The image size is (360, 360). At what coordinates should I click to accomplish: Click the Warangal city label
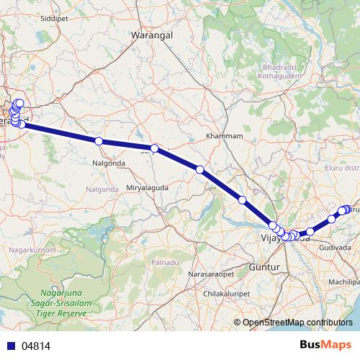pyautogui.click(x=154, y=34)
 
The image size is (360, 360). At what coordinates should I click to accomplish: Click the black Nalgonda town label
pyautogui.click(x=109, y=163)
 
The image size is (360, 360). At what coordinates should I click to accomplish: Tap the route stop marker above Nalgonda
pyautogui.click(x=99, y=141)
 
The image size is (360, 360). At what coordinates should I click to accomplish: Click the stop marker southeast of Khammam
pyautogui.click(x=200, y=170)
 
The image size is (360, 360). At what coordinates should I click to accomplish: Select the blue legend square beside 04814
pyautogui.click(x=9, y=346)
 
